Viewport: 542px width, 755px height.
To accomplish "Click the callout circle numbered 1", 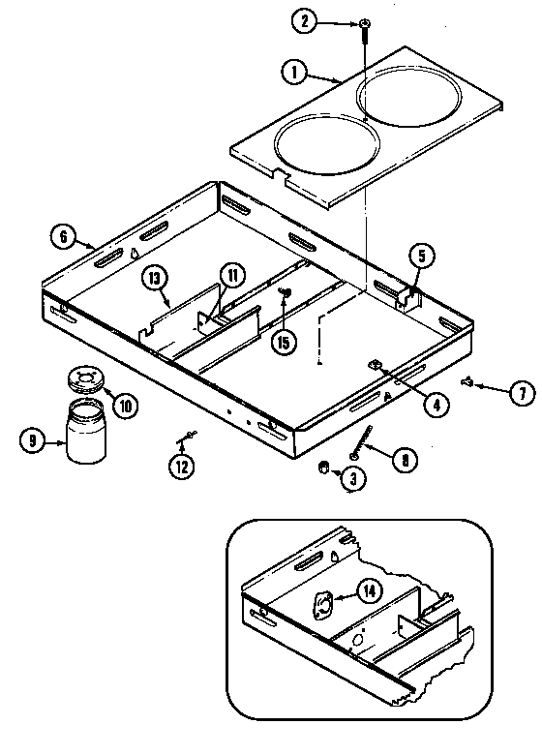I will tap(292, 71).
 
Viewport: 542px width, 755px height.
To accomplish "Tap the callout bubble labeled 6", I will tap(63, 235).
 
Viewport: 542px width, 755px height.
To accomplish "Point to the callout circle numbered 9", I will tap(33, 440).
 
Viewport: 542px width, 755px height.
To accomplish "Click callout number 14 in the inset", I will tap(369, 589).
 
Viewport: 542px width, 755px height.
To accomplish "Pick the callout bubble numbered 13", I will tap(155, 278).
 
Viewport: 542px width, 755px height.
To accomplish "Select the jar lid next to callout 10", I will tap(86, 379).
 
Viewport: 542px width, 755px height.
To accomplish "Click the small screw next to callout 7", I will tap(467, 384).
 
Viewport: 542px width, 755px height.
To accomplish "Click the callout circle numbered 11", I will tap(231, 274).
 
